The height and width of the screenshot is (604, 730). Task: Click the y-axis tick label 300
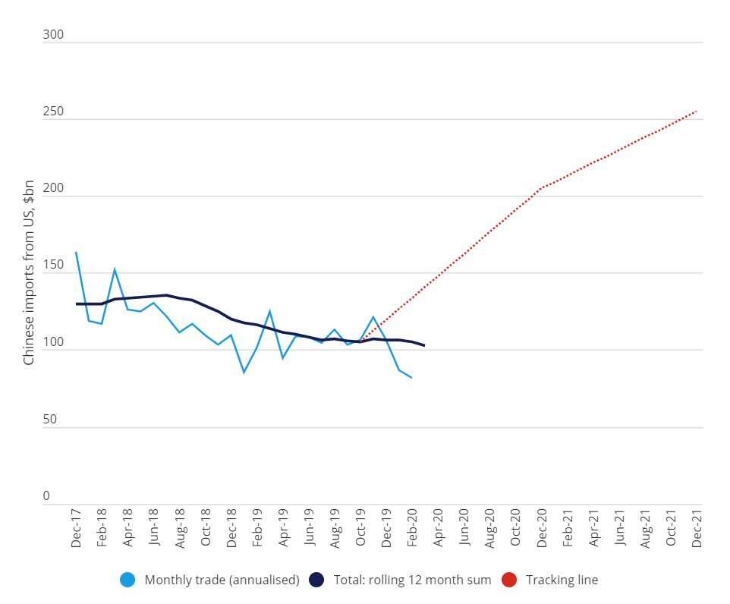(x=52, y=36)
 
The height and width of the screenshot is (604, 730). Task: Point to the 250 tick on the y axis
(x=52, y=112)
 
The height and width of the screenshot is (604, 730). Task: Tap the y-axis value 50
(x=49, y=420)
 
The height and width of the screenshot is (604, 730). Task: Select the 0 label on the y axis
(x=46, y=496)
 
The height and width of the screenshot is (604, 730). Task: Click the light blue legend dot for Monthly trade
(x=128, y=580)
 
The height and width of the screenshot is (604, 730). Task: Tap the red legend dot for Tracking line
(x=510, y=580)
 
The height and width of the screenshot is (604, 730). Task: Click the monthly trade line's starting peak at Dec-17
(x=76, y=252)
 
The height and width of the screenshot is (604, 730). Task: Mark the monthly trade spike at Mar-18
(x=115, y=269)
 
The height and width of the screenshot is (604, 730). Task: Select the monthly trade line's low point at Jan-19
(x=244, y=373)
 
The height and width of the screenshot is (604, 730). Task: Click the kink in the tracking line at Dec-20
(x=541, y=187)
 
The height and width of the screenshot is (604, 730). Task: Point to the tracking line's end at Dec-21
(x=696, y=112)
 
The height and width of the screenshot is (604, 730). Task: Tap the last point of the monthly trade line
(x=411, y=377)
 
